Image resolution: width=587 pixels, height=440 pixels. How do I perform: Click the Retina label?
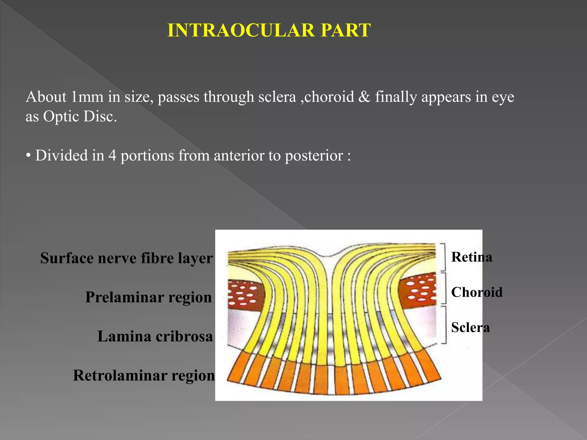(x=471, y=257)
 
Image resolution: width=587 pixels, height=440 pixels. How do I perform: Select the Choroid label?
(x=477, y=292)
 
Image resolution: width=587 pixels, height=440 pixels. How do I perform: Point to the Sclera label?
(x=470, y=327)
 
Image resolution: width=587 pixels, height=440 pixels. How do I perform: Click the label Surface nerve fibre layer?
(x=126, y=258)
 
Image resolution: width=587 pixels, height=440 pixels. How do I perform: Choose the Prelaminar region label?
(x=148, y=297)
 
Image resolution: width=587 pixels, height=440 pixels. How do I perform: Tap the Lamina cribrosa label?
(x=155, y=336)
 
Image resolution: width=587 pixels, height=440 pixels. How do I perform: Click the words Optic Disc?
(x=80, y=116)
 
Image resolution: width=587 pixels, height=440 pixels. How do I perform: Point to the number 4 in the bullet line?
(x=112, y=156)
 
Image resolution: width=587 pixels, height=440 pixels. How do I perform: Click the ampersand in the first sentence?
(x=364, y=97)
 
